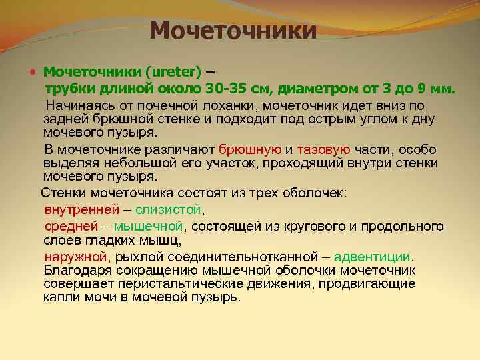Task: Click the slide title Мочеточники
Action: [x=233, y=30]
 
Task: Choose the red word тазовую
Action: [x=323, y=150]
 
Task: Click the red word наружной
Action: [x=76, y=257]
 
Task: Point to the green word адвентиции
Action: [x=373, y=257]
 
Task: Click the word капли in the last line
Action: [x=61, y=297]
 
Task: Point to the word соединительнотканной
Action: [x=220, y=257]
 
